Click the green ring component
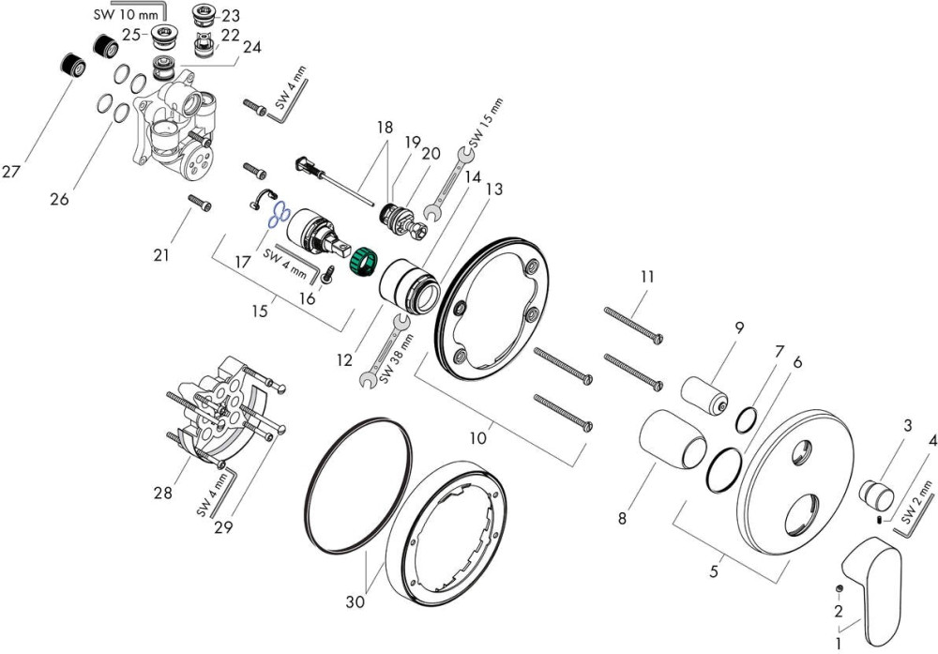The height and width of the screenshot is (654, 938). point(362,257)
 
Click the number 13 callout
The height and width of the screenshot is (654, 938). point(492,189)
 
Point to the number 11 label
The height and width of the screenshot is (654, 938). point(647,277)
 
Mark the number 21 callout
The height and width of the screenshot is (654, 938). point(162,255)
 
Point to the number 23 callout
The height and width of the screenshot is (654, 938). point(231,14)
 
